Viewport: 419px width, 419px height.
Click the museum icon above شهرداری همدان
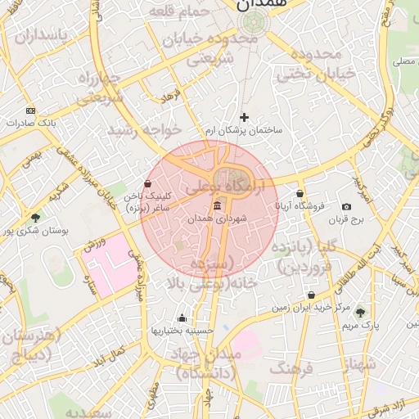[x=217, y=205]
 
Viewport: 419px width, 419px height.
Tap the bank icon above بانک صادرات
[x=31, y=110]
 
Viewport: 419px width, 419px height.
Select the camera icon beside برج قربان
[x=346, y=207]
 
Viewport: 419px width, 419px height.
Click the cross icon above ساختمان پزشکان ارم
[x=243, y=118]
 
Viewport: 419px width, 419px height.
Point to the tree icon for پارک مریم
[x=360, y=312]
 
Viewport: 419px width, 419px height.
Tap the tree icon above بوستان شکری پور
[x=34, y=218]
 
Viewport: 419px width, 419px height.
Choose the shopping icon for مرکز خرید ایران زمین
[x=311, y=295]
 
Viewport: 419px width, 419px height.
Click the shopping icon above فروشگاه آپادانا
[x=300, y=193]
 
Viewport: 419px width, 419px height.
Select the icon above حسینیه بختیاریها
[x=182, y=318]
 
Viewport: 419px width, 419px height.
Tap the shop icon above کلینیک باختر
[x=147, y=183]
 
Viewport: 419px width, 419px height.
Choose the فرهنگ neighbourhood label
[x=291, y=369]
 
